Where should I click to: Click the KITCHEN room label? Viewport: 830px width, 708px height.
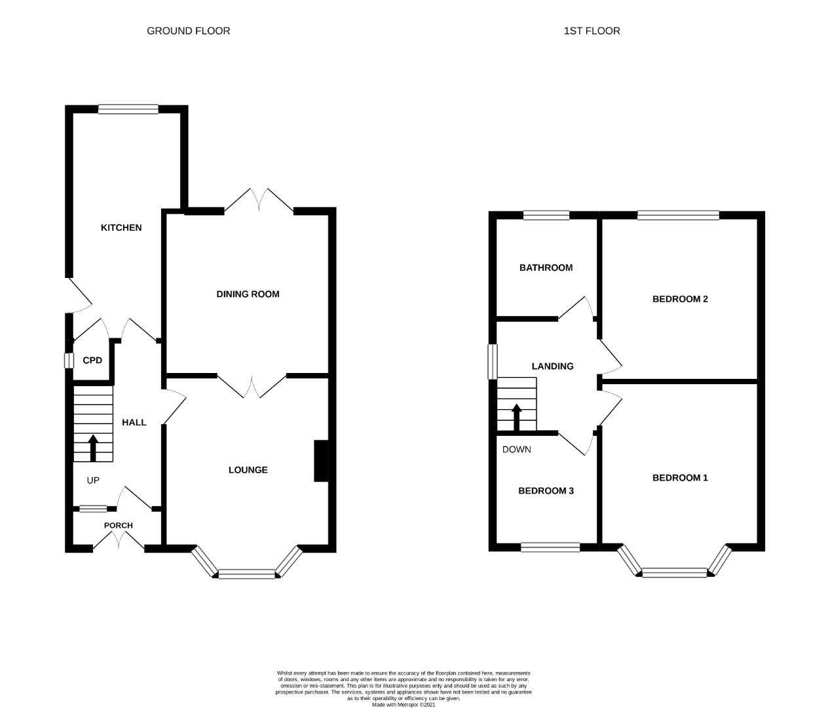[121, 228]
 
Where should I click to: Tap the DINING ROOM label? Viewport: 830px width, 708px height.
[248, 294]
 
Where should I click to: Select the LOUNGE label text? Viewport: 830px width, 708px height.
[248, 470]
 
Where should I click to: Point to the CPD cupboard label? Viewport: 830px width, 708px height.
[92, 361]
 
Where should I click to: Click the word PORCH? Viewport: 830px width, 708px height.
[118, 525]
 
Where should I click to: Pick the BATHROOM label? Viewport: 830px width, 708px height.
[546, 267]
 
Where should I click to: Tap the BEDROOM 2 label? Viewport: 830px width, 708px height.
[680, 299]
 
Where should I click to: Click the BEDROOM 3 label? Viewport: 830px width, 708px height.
[546, 490]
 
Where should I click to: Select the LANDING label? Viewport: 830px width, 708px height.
[552, 366]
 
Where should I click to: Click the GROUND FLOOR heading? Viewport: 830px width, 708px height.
[188, 31]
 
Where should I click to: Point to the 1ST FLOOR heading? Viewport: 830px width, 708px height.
[592, 31]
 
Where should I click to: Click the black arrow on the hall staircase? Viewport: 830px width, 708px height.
[93, 448]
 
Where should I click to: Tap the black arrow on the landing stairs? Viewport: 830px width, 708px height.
[516, 417]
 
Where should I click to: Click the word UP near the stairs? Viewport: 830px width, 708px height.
[93, 480]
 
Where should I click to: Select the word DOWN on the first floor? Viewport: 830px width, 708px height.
[516, 449]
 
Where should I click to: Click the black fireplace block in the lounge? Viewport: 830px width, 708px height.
[321, 461]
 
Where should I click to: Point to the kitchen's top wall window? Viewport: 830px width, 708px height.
[128, 109]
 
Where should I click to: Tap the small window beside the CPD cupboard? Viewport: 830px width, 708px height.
[69, 361]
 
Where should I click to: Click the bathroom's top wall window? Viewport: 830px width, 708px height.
[546, 216]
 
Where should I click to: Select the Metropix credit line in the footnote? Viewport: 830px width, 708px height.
[403, 704]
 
